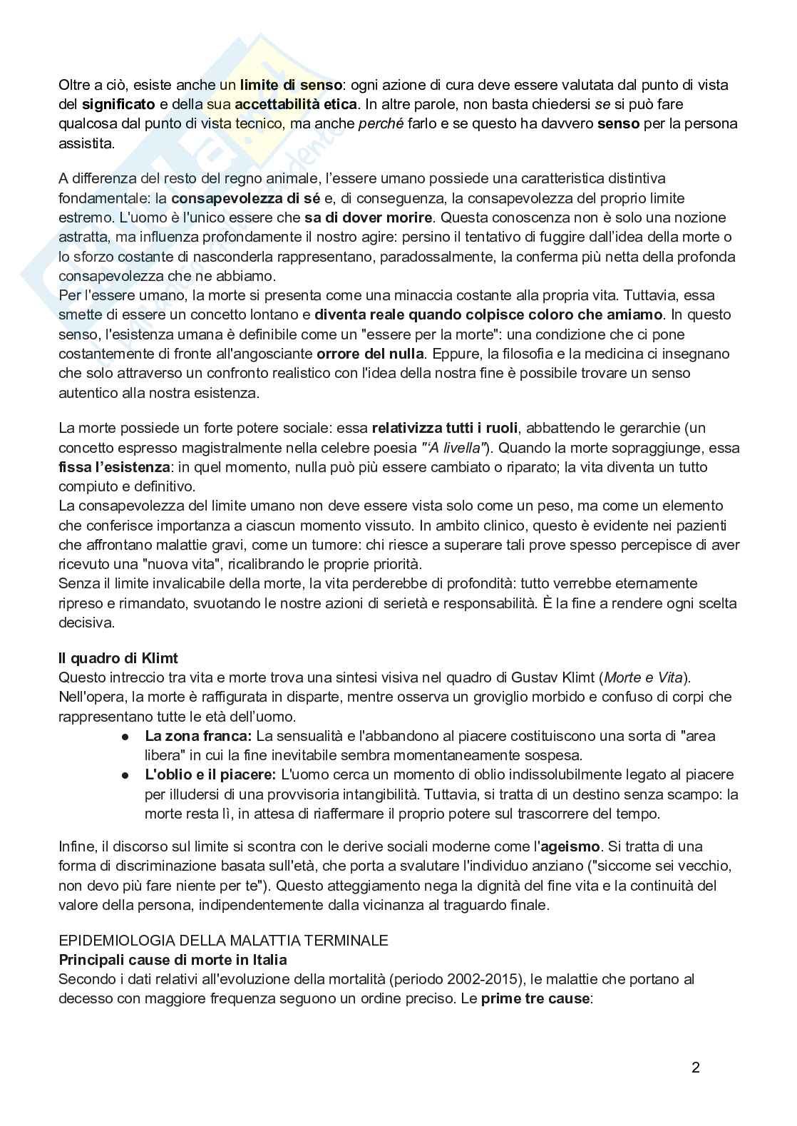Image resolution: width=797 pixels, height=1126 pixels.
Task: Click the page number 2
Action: click(695, 1068)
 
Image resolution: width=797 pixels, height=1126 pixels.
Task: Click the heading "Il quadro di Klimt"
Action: click(118, 657)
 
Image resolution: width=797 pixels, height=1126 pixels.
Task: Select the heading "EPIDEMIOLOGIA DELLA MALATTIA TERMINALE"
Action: click(223, 940)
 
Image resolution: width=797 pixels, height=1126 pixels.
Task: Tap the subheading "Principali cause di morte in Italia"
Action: click(173, 959)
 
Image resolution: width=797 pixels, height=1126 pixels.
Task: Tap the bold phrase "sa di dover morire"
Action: click(368, 217)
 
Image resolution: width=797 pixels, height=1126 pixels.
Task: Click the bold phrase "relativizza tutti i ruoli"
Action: click(446, 428)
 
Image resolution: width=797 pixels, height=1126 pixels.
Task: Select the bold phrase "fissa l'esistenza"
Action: click(114, 467)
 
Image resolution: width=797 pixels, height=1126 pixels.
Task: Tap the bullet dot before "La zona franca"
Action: click(125, 736)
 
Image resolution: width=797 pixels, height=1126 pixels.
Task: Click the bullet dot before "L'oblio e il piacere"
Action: click(125, 774)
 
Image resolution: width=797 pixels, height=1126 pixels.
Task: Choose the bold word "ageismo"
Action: click(570, 846)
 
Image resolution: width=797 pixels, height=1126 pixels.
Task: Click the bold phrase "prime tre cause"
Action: click(535, 998)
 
